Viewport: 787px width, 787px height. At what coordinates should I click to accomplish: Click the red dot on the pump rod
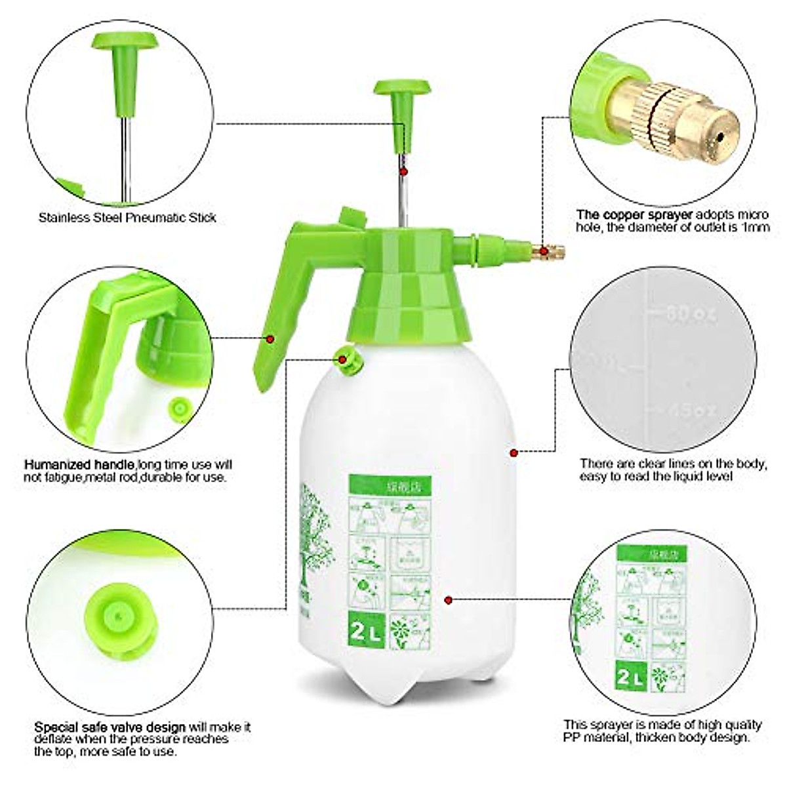pos(405,171)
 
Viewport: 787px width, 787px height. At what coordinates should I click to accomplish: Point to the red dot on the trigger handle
pos(270,338)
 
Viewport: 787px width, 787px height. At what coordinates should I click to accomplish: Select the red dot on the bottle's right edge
pos(514,452)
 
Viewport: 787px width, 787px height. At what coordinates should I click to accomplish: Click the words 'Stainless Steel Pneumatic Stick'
pos(127,217)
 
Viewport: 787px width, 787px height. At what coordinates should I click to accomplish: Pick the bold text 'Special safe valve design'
pos(110,727)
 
